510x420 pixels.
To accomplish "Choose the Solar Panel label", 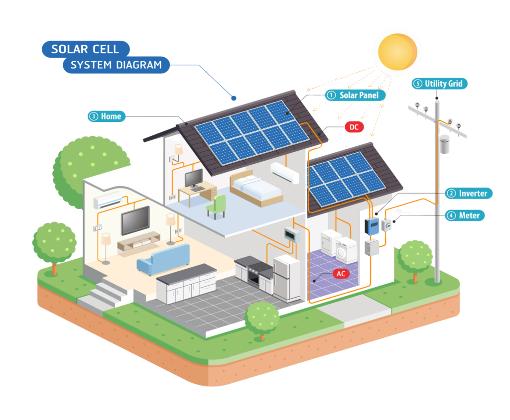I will pos(355,95).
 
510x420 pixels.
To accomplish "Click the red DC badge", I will pos(354,127).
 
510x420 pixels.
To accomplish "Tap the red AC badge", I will pos(341,274).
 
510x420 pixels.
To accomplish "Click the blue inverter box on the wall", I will pos(372,226).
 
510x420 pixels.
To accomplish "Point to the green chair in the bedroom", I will pos(217,206).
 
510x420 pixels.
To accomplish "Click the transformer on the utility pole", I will pos(444,143).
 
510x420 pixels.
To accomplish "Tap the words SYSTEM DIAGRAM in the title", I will pos(116,65).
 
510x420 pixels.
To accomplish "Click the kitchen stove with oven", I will pos(254,272).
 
